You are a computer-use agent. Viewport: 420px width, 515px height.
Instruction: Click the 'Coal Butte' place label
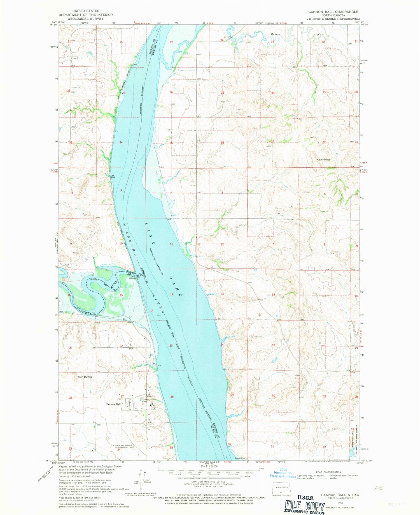click(x=323, y=160)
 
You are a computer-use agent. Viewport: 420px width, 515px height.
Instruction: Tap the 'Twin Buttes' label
click(x=85, y=377)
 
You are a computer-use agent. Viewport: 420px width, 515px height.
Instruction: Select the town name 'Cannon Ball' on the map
click(x=113, y=404)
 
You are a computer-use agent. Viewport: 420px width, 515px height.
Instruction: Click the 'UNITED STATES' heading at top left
click(x=86, y=11)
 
